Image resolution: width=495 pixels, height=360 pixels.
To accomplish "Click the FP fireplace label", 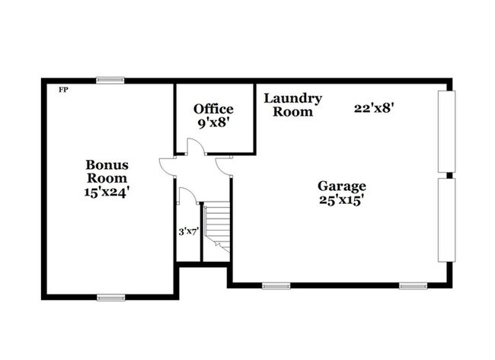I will [63, 90].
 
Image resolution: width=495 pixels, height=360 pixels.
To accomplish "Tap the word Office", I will [213, 109].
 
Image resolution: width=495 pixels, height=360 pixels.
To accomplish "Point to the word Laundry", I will [293, 98].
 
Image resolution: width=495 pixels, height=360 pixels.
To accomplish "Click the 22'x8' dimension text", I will [373, 108].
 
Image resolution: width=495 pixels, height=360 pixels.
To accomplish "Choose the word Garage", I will [342, 186].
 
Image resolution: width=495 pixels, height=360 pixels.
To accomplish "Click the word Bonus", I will [107, 164].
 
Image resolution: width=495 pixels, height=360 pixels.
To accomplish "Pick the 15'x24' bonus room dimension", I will [107, 193].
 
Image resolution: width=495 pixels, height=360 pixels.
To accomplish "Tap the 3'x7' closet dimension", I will [187, 231].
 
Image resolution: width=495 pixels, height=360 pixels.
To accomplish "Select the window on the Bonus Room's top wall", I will [110, 79].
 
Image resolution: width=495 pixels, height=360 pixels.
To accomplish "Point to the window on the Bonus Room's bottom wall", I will [110, 297].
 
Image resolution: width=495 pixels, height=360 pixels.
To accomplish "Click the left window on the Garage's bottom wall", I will [276, 286].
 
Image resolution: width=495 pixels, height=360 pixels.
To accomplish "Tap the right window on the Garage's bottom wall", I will [414, 286].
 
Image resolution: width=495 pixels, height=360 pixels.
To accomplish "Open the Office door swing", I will [195, 148].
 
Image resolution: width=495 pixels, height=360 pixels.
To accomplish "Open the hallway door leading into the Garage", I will [224, 164].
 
